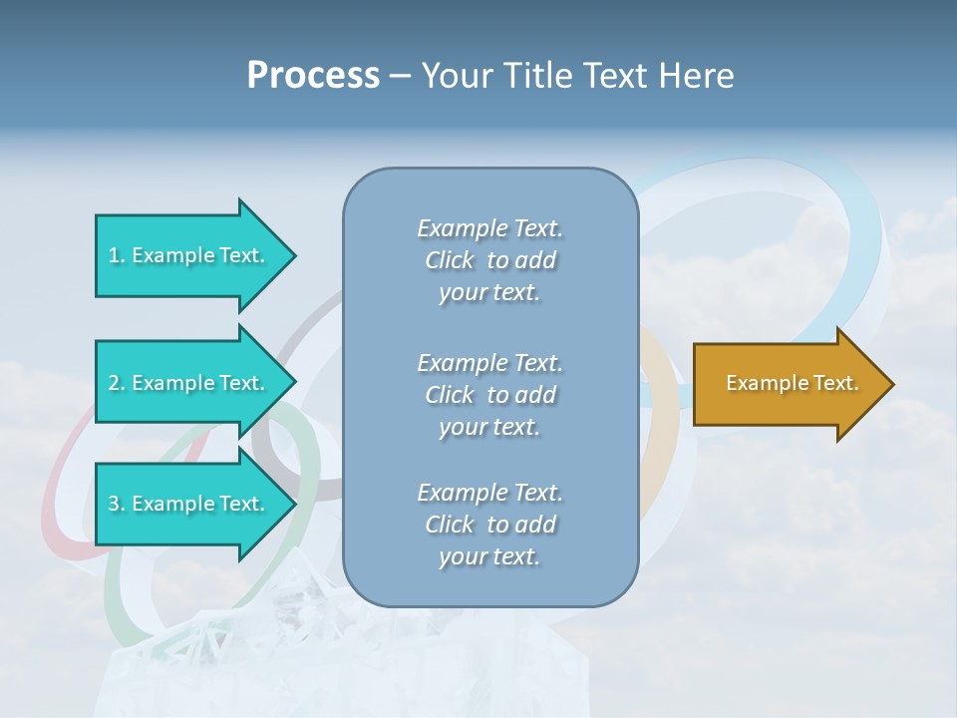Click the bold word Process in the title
pos(313,76)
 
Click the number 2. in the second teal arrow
pos(117,383)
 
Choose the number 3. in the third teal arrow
pos(117,504)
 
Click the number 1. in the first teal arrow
pos(117,255)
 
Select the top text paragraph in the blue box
pos(489,260)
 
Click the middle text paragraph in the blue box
pos(489,395)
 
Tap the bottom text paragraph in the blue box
pos(489,525)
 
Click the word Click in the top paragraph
pos(449,260)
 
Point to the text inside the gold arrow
pos(793,383)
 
